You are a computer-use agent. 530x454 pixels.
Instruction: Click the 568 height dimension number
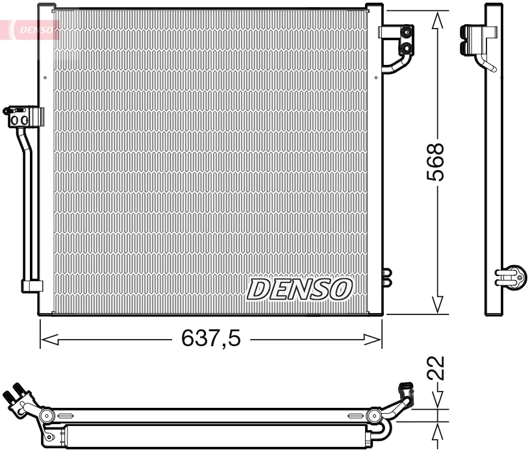tap(436, 163)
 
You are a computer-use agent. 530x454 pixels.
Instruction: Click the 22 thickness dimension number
tap(437, 368)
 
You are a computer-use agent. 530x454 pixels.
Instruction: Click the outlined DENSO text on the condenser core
tap(300, 289)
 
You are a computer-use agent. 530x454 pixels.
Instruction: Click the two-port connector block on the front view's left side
tap(21, 117)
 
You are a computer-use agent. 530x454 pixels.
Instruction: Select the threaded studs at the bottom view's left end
tap(16, 394)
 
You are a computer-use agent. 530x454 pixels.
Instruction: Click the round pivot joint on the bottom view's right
tap(373, 416)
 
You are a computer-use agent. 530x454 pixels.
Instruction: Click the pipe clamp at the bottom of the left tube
tap(32, 285)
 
